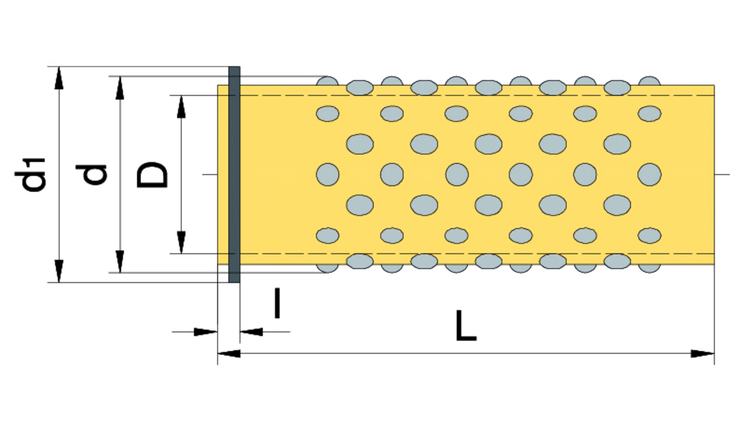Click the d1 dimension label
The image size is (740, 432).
click(30, 174)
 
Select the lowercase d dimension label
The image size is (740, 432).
click(91, 174)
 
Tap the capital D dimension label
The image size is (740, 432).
click(152, 174)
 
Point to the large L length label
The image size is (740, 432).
click(466, 325)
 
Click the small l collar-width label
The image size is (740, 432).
click(277, 303)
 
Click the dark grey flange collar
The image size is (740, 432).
click(234, 174)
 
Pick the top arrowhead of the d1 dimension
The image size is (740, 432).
click(59, 78)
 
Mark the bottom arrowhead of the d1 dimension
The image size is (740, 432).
click(59, 271)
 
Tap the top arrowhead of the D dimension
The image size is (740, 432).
click(181, 107)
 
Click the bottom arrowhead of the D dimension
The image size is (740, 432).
click(181, 243)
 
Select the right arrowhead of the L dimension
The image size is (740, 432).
click(702, 354)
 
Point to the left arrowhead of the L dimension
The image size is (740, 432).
click(229, 354)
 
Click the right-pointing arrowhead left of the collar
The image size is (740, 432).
click(205, 332)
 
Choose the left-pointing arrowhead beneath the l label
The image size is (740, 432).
click(252, 332)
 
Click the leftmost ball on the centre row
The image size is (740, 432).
click(327, 174)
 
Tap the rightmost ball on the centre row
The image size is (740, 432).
click(649, 174)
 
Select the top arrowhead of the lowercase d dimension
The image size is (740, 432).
click(120, 88)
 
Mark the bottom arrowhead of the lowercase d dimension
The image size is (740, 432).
click(120, 262)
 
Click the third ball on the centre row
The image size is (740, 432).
click(456, 174)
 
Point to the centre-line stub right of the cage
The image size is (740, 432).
click(722, 174)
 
